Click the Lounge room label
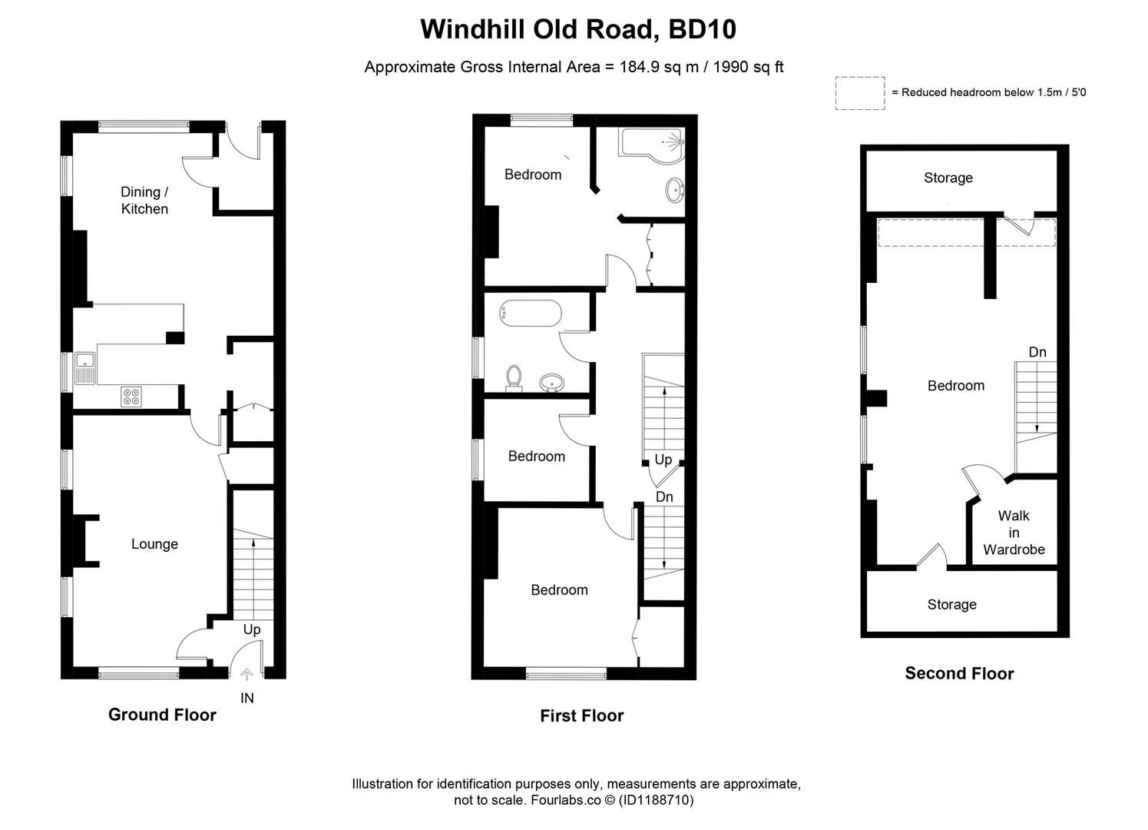click(x=154, y=544)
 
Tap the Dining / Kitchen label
click(x=144, y=201)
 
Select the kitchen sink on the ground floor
click(x=84, y=367)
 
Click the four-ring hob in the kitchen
click(x=131, y=397)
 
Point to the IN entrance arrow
click(x=246, y=676)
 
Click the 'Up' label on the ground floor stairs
click(x=252, y=629)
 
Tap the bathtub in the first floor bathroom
click(x=529, y=313)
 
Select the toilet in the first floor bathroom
click(x=514, y=377)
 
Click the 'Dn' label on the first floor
click(x=664, y=497)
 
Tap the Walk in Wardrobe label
click(x=1014, y=533)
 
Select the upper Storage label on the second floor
click(x=948, y=178)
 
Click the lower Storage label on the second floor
click(x=951, y=605)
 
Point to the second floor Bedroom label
click(x=955, y=386)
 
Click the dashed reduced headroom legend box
click(x=860, y=93)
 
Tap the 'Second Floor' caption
click(x=959, y=674)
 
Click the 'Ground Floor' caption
click(x=162, y=715)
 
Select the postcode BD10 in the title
click(x=702, y=29)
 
